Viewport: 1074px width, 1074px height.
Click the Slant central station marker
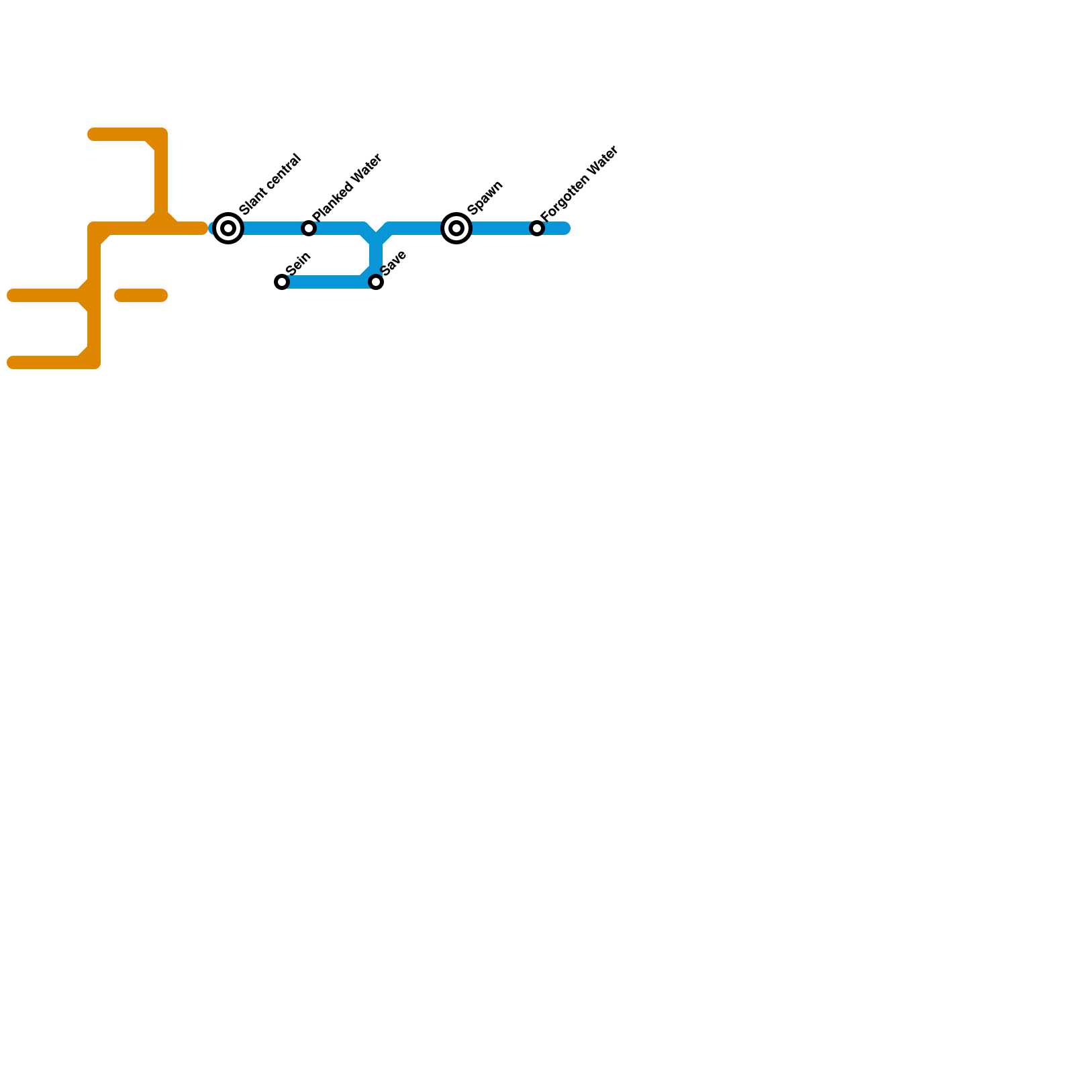(228, 228)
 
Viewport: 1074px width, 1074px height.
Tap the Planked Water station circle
(309, 228)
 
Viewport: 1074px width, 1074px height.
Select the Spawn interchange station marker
(456, 228)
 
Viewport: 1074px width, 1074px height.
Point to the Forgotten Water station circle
(537, 228)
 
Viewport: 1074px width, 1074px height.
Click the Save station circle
(376, 282)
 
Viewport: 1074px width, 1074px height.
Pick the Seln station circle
(282, 282)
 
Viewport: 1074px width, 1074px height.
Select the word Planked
(330, 202)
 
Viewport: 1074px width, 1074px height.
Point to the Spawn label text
(485, 197)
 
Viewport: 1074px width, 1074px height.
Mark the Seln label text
(298, 263)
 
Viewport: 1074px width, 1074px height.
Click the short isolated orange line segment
(141, 295)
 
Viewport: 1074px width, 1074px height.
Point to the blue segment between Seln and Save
(329, 282)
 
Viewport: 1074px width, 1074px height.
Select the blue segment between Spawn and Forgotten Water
(497, 228)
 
